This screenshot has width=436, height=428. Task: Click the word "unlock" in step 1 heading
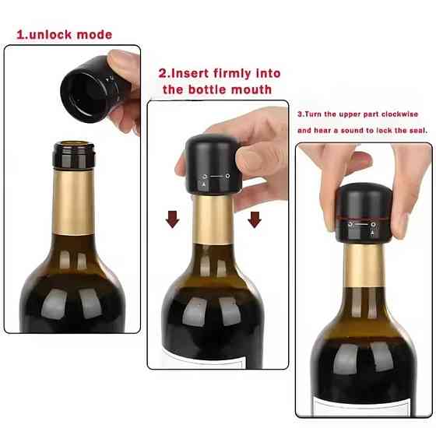coord(51,35)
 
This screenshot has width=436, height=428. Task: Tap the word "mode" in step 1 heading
coord(94,35)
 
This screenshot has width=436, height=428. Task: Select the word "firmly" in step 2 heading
coord(232,73)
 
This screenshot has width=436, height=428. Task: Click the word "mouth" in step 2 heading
coord(251,89)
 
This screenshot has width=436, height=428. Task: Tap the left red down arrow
coord(172,219)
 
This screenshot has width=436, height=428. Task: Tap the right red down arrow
coord(255,219)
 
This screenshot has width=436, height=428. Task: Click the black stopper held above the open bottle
coord(90,89)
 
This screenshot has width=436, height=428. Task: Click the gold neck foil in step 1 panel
coord(73,202)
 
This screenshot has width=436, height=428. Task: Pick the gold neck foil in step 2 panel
coord(213,219)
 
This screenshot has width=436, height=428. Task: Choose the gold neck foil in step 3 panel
coord(364,265)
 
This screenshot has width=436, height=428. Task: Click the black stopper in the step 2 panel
coord(213,164)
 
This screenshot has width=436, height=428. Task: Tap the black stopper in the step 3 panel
coord(364,213)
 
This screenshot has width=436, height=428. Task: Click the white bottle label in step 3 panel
coord(362,406)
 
